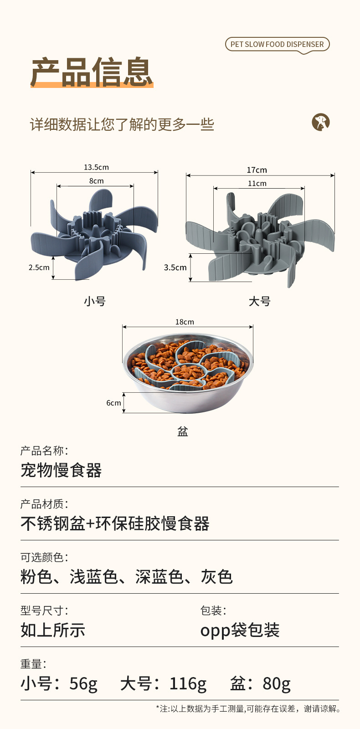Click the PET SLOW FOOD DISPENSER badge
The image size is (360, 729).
pyautogui.click(x=277, y=44)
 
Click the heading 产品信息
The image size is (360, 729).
pyautogui.click(x=92, y=72)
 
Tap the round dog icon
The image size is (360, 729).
pyautogui.click(x=321, y=122)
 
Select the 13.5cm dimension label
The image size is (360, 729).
pyautogui.click(x=96, y=167)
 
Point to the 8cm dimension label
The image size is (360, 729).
pyautogui.click(x=96, y=181)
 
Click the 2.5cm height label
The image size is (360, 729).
pyautogui.click(x=39, y=267)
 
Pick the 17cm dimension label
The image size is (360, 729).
pyautogui.click(x=257, y=170)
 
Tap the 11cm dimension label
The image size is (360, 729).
pyautogui.click(x=257, y=184)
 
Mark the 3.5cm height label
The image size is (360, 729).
pyautogui.click(x=175, y=267)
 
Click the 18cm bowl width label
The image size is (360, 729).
pyautogui.click(x=185, y=322)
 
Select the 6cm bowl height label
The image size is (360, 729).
pyautogui.click(x=113, y=403)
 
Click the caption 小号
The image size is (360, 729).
pyautogui.click(x=95, y=301)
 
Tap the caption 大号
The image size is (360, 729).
pyautogui.click(x=260, y=301)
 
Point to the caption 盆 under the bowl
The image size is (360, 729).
pyautogui.click(x=183, y=431)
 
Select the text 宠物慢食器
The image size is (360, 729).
pyautogui.click(x=61, y=470)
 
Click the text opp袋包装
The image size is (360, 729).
pyautogui.click(x=240, y=630)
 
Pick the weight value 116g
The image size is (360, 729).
pyautogui.click(x=188, y=683)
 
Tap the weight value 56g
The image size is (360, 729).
pyautogui.click(x=83, y=683)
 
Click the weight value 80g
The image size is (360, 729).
pyautogui.click(x=277, y=683)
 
